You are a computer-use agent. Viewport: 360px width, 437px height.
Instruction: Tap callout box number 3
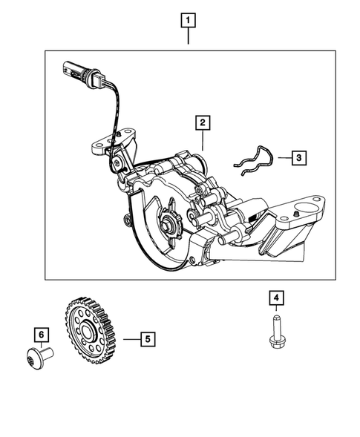(x=297, y=157)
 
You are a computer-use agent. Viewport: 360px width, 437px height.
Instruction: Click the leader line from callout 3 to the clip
(x=281, y=157)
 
